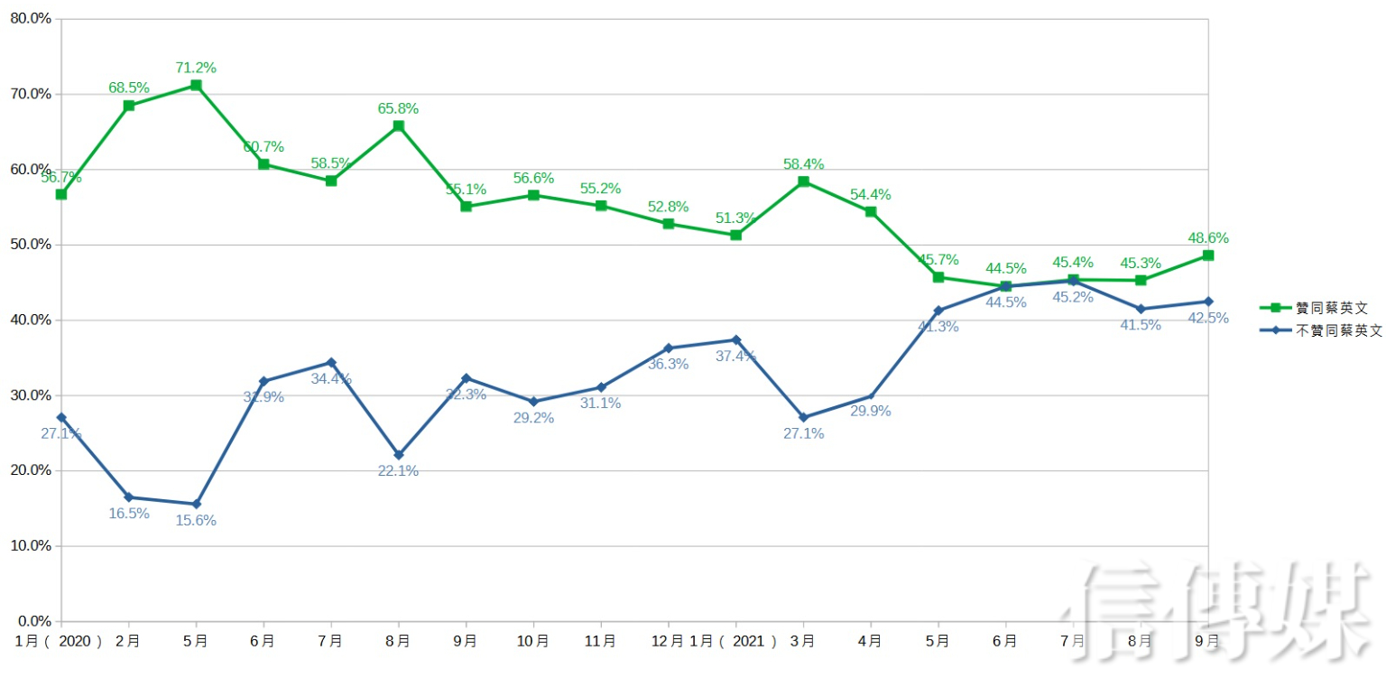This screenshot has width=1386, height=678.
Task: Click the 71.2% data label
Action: pyautogui.click(x=196, y=68)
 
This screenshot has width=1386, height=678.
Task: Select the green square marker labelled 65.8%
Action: pyautogui.click(x=398, y=125)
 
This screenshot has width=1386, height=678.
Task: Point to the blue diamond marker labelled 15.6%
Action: pyautogui.click(x=196, y=504)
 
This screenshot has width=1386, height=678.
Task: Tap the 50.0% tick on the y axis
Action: pyautogui.click(x=30, y=245)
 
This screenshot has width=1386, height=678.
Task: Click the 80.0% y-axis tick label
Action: pyautogui.click(x=30, y=19)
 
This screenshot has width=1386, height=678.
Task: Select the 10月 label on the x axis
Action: pyautogui.click(x=533, y=641)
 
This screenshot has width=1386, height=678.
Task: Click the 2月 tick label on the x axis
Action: pyautogui.click(x=129, y=641)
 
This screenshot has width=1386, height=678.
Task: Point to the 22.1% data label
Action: pyautogui.click(x=398, y=470)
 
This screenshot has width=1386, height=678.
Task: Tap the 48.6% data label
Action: pyautogui.click(x=1208, y=238)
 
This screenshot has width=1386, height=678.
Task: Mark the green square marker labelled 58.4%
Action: pyautogui.click(x=803, y=181)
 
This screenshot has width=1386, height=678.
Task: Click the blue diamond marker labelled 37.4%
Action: pyautogui.click(x=735, y=340)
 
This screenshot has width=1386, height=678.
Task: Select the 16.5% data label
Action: pyautogui.click(x=129, y=514)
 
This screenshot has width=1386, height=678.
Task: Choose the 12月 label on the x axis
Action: pyautogui.click(x=667, y=641)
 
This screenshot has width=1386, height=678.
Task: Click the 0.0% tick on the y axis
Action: pyautogui.click(x=33, y=621)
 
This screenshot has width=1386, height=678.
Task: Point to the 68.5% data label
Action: pyautogui.click(x=129, y=88)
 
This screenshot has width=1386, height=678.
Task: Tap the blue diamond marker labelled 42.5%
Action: pyautogui.click(x=1208, y=302)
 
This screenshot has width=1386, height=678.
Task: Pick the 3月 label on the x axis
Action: pyautogui.click(x=803, y=641)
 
